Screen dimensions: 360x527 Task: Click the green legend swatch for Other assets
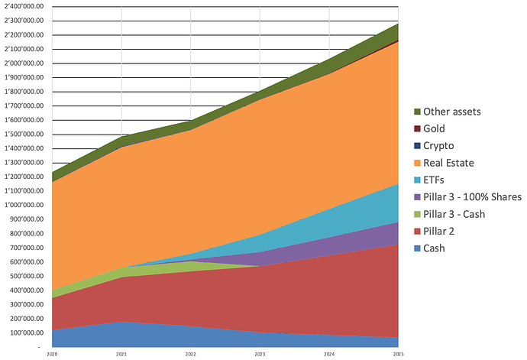[418, 112]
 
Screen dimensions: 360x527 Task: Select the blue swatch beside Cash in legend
[418, 248]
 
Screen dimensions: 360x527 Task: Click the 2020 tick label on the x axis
[52, 355]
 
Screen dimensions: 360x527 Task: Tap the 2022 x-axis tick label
[191, 355]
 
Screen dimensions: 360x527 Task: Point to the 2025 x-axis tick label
[398, 355]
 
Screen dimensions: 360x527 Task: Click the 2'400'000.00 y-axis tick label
[24, 6]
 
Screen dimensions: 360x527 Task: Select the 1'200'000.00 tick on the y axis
[24, 177]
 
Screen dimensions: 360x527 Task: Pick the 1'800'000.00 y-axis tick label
[24, 92]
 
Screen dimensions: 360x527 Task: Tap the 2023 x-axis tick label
[260, 355]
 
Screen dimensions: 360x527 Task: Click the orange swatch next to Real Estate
[418, 163]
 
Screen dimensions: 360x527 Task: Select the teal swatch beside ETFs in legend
[418, 180]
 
